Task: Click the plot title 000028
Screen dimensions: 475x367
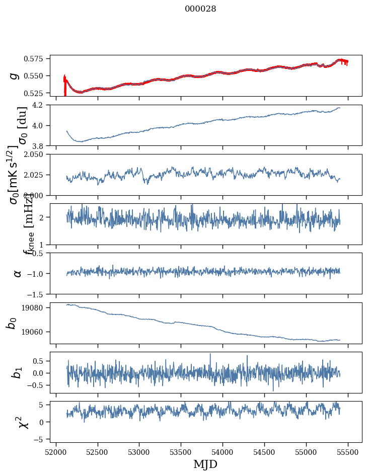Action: click(x=200, y=9)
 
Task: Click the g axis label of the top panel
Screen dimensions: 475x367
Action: click(x=14, y=75)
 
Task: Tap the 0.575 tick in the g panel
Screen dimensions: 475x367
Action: click(x=37, y=59)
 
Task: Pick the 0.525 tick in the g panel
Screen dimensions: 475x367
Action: click(x=37, y=93)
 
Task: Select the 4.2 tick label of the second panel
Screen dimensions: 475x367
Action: click(x=41, y=105)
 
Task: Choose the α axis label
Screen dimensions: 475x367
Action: click(x=17, y=273)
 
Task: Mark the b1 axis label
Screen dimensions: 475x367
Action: click(x=17, y=372)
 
